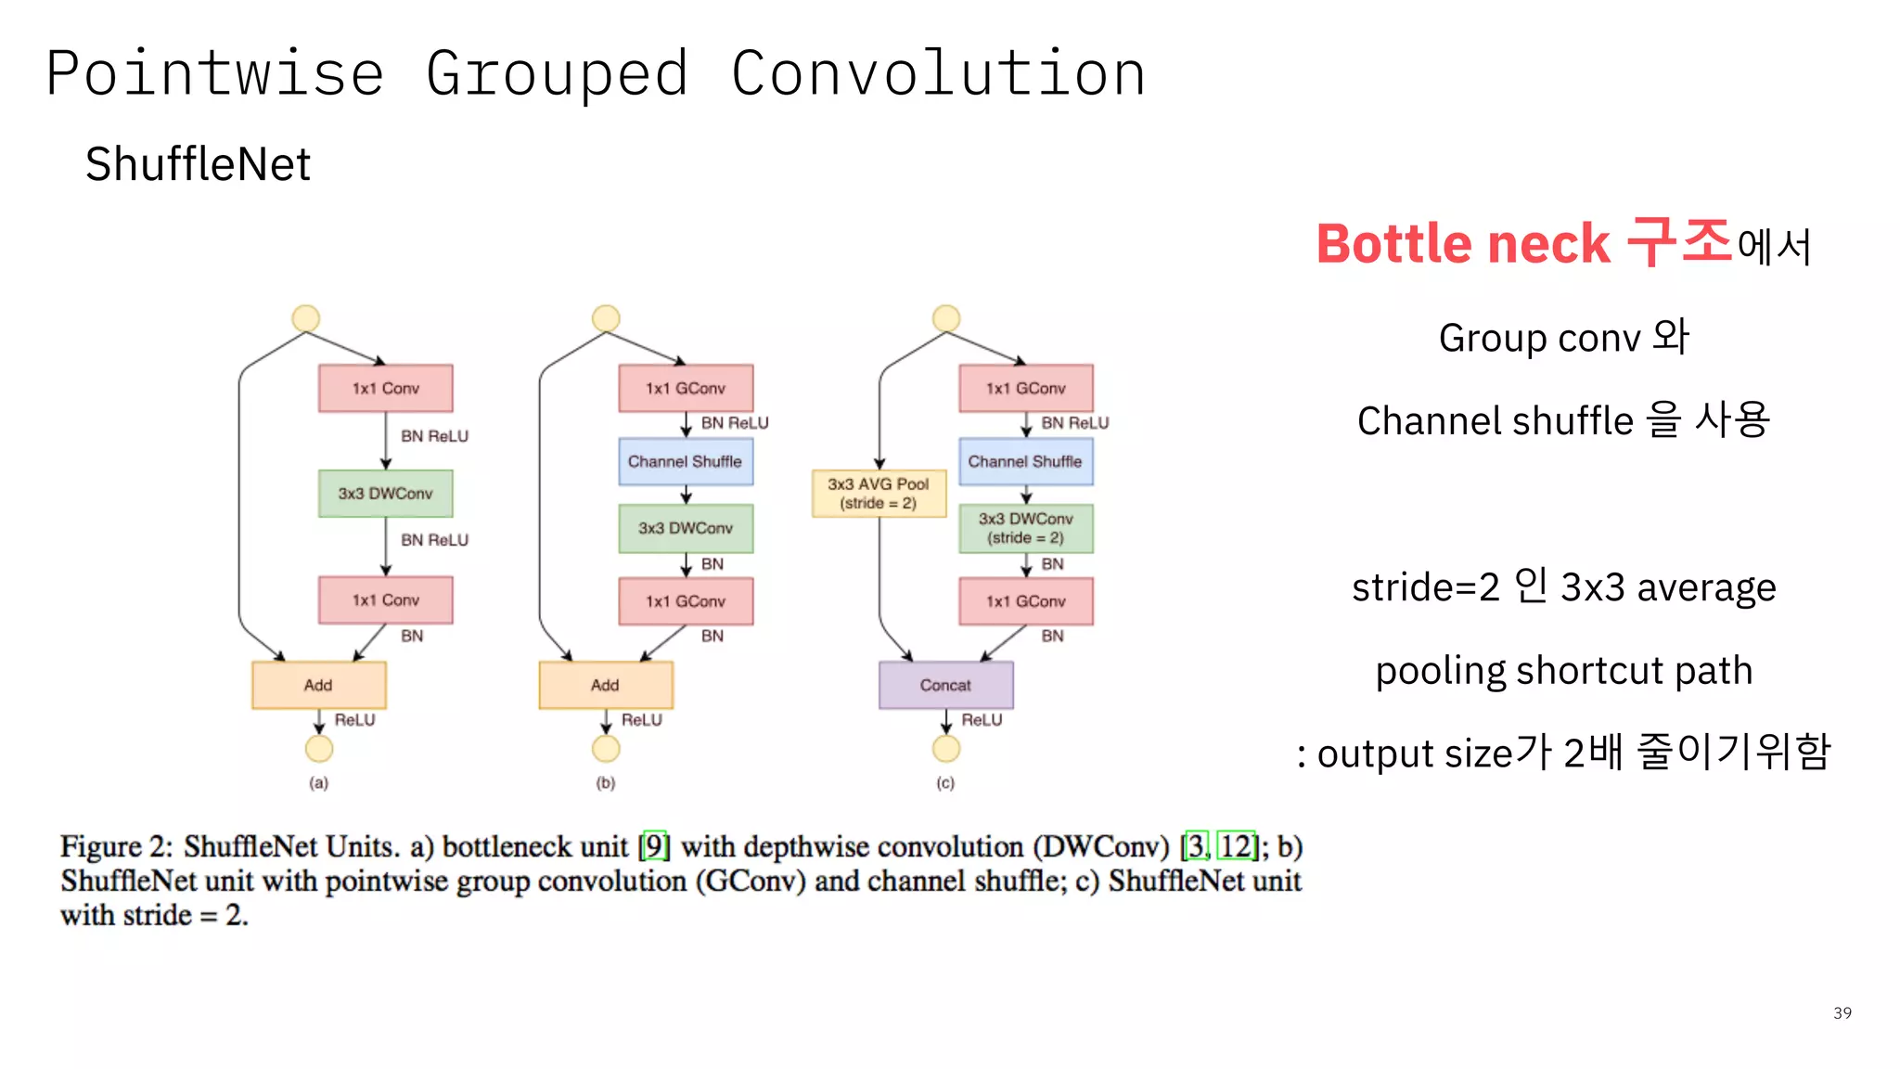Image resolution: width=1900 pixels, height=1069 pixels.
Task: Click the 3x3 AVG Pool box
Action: pos(879,493)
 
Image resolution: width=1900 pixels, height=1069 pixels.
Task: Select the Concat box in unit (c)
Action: pos(945,685)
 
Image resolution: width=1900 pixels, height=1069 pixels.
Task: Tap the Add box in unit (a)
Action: pos(318,685)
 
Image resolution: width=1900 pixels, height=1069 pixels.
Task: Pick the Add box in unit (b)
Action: pos(605,685)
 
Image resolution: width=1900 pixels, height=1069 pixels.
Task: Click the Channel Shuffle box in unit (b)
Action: pos(686,461)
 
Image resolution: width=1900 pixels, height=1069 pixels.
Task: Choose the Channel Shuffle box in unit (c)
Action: pos(1025,461)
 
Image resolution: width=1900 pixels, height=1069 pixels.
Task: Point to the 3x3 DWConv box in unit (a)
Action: pos(385,493)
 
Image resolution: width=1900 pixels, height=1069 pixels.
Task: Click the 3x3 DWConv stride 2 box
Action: pos(1025,528)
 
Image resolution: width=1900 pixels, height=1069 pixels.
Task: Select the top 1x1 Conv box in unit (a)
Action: pos(385,388)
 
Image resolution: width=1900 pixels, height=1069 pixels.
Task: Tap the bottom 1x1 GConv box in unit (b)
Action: pos(686,601)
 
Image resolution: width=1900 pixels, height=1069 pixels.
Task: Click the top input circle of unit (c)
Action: pos(945,318)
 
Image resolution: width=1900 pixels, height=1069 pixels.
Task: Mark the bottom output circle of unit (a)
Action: pos(318,748)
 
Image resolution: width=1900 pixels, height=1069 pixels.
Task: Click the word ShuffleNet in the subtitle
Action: pos(198,164)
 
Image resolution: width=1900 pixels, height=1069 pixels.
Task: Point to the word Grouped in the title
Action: pos(557,74)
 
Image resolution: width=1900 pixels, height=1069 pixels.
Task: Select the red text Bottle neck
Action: pos(1463,244)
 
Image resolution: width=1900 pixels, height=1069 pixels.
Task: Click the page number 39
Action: pos(1842,1012)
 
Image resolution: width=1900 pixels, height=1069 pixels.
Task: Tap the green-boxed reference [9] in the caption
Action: pos(655,845)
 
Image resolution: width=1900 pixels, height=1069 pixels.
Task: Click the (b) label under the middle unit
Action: pos(605,782)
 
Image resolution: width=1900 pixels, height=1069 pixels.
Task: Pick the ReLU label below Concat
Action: pos(982,719)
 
